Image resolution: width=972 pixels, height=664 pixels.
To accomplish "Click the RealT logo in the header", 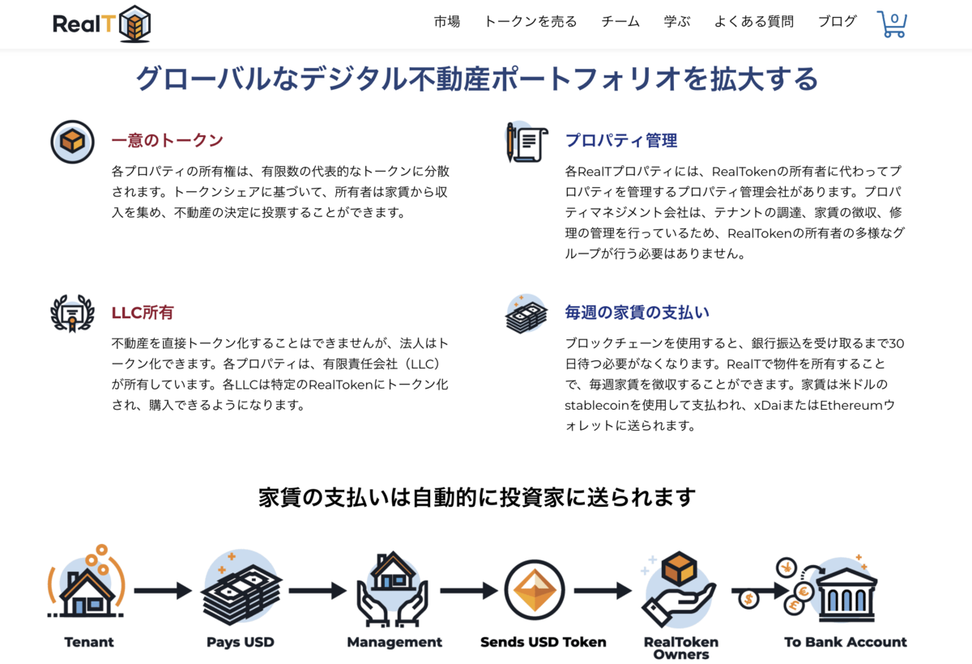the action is pos(101,23).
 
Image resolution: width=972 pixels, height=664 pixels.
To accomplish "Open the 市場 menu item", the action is pos(447,21).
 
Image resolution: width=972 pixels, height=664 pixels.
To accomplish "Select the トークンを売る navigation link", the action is pos(531,21).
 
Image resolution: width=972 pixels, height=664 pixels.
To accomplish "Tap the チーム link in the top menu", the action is pos(620,21).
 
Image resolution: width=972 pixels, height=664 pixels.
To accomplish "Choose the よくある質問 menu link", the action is pos(754,21).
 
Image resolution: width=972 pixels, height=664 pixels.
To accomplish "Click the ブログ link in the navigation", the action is pos(838,21).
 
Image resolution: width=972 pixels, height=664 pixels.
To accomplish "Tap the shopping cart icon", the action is pos(892,23).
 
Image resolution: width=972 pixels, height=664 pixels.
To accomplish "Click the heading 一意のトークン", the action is pos(167,140).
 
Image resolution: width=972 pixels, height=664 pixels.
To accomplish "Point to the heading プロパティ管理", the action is pos(621,140).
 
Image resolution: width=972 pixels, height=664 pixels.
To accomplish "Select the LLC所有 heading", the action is pos(143,313).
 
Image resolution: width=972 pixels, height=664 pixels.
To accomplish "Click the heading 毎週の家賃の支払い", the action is pos(637,313).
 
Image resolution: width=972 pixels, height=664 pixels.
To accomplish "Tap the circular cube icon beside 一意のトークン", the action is pos(72,142).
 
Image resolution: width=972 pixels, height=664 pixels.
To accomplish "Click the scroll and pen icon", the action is pos(526,142).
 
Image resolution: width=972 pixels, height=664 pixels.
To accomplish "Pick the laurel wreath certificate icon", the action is pos(72,313).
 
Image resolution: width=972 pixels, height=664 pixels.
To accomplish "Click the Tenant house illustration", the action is pos(87,581).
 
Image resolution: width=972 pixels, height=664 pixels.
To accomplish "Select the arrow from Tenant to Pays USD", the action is pos(163,590).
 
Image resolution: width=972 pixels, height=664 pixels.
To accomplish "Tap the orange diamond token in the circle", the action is pos(535,590).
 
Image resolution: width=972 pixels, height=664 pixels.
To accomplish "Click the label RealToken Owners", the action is pos(681,648).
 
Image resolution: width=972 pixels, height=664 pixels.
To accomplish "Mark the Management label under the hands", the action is pos(394,642).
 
